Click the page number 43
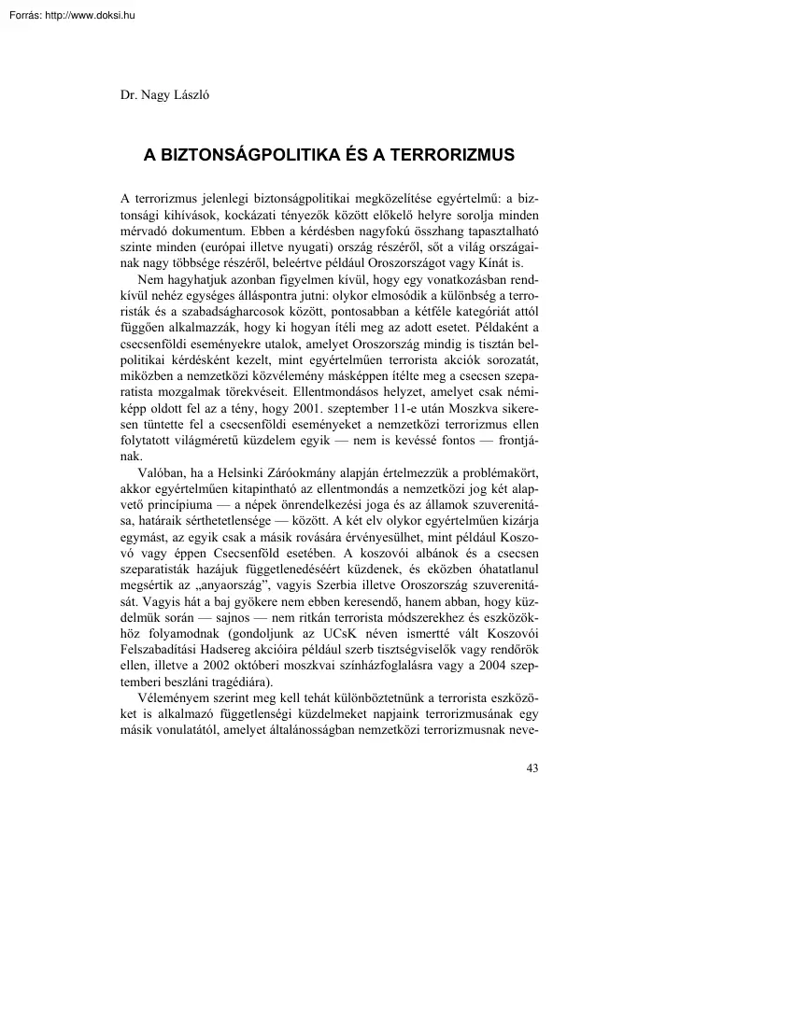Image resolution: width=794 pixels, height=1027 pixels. click(x=532, y=768)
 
